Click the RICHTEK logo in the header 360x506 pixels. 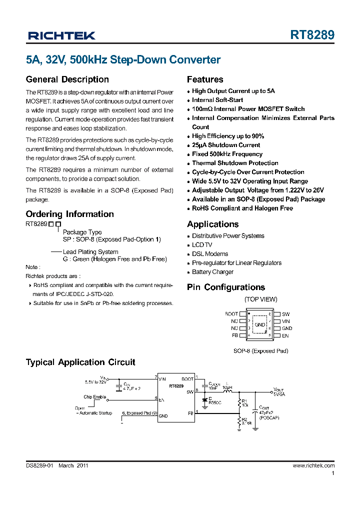click(61, 35)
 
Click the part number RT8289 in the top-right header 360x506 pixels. click(312, 35)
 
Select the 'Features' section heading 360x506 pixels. click(205, 79)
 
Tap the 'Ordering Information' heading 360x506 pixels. click(69, 214)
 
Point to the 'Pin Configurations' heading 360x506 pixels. click(226, 287)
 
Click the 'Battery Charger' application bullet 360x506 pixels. click(213, 272)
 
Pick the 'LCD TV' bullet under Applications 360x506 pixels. click(202, 245)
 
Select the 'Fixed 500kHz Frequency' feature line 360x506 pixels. click(227, 154)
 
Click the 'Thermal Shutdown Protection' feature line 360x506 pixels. click(235, 163)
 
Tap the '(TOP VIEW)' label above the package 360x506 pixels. click(260, 299)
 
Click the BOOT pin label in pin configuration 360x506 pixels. click(231, 314)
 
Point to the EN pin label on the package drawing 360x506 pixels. click(285, 335)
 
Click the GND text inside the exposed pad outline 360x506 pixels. click(260, 325)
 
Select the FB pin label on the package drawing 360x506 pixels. click(234, 335)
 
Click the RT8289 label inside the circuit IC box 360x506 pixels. click(176, 386)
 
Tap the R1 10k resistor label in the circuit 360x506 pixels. click(244, 403)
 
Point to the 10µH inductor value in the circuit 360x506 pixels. click(227, 387)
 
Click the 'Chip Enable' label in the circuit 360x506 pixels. click(94, 396)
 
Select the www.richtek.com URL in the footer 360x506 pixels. click(313, 465)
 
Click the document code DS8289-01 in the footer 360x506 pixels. click(39, 465)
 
